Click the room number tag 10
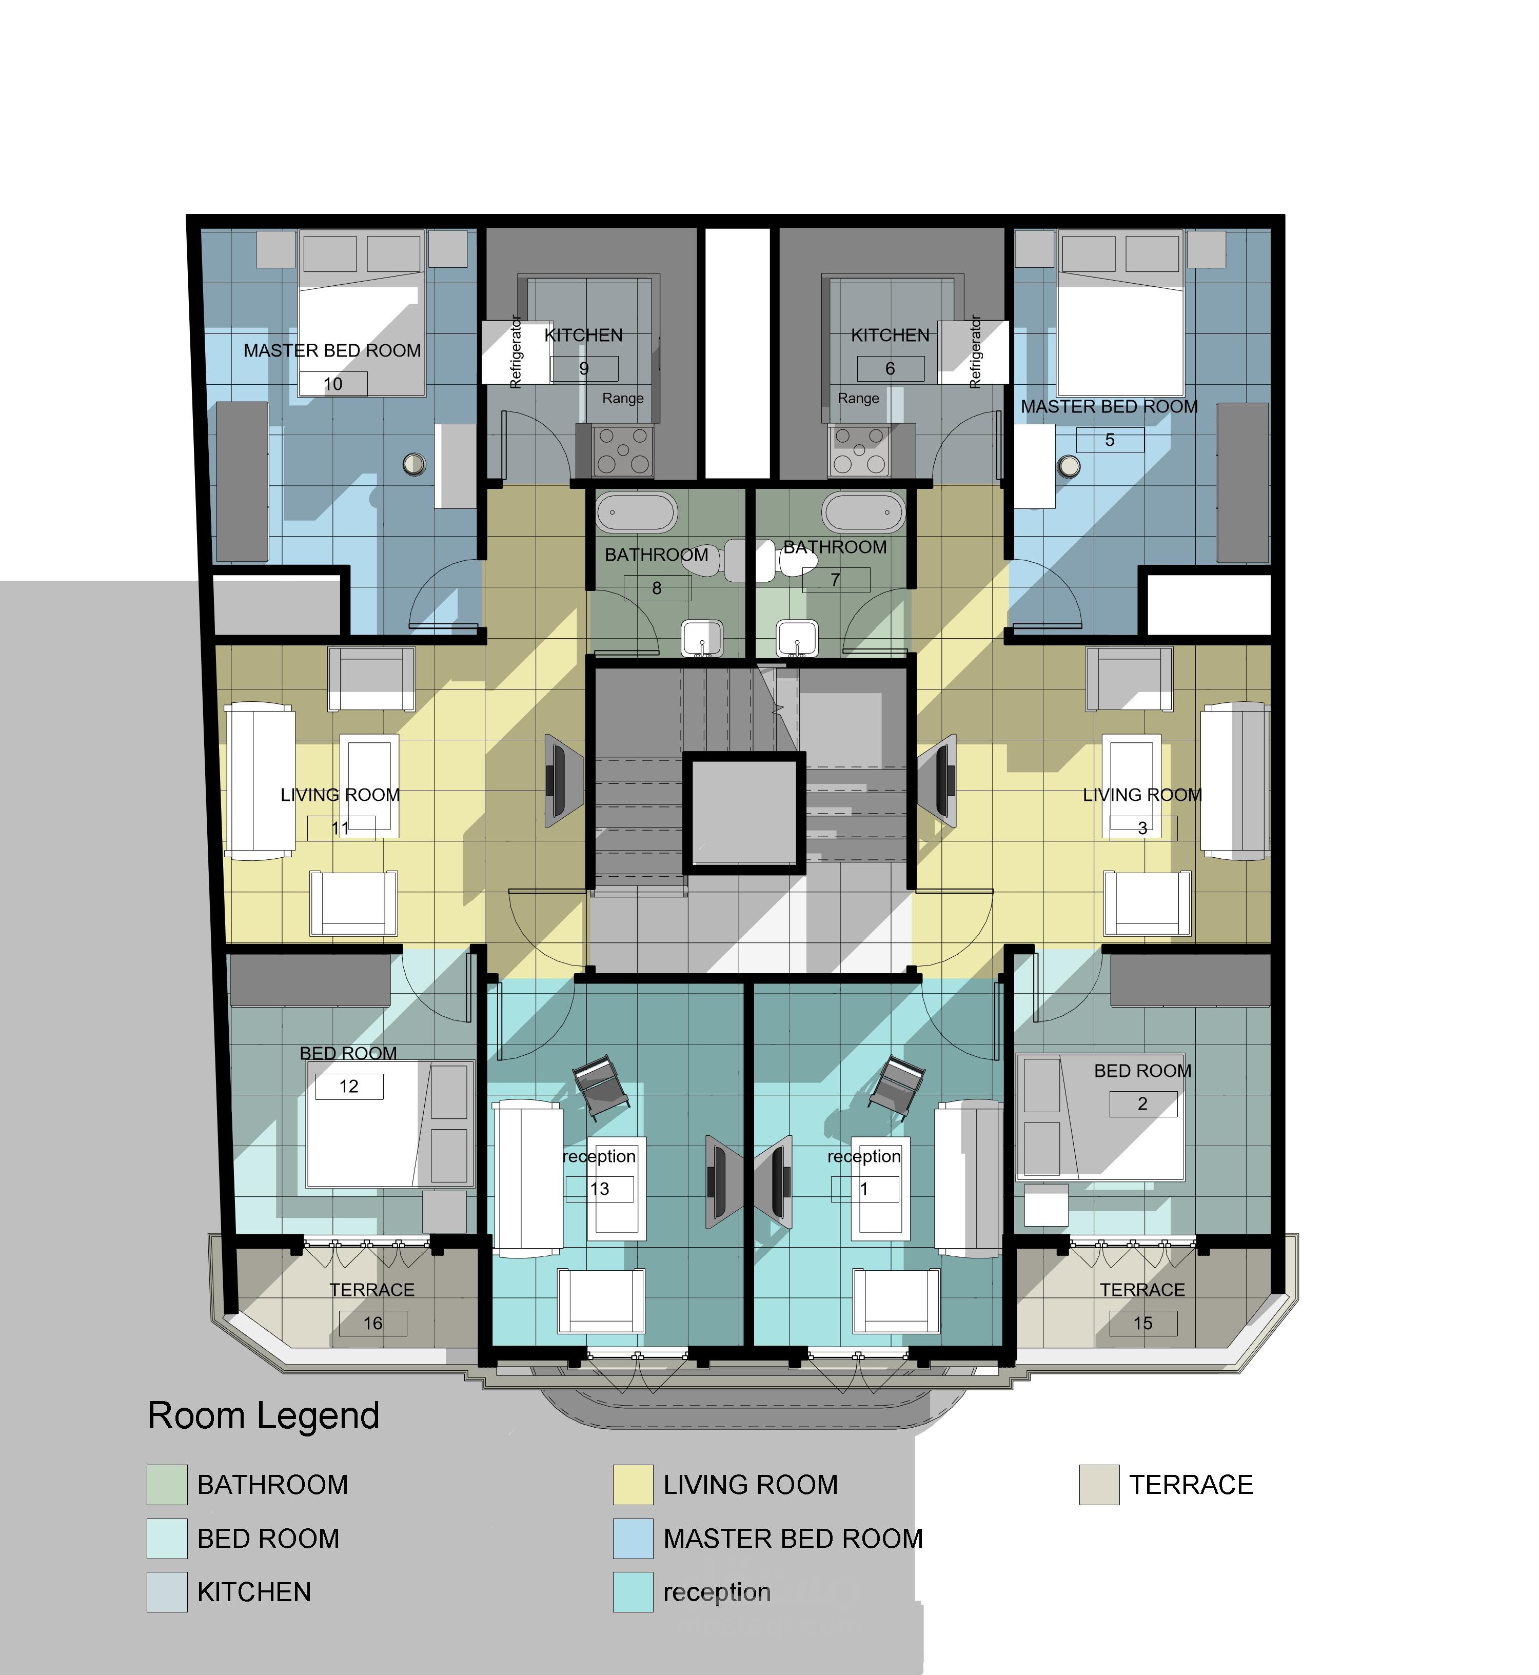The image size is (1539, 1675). [333, 384]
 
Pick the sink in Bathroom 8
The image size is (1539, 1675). [703, 639]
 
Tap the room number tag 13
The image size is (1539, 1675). [600, 1189]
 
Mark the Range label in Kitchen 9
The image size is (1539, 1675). [623, 398]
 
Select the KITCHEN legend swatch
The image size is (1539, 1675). [167, 1592]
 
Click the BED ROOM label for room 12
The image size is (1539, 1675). [348, 1054]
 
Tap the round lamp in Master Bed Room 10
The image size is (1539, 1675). [414, 464]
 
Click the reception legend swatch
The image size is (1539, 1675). [633, 1592]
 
